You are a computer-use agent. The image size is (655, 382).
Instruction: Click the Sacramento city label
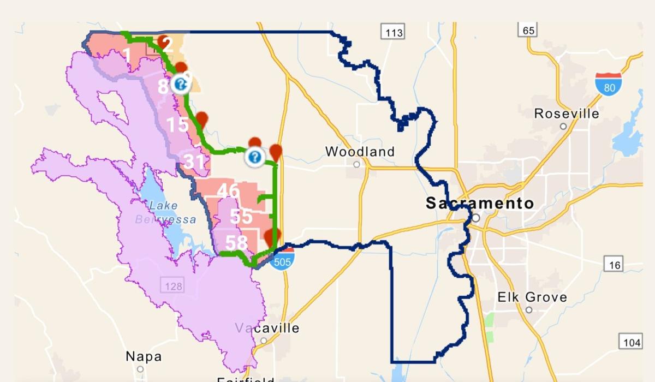[479, 204]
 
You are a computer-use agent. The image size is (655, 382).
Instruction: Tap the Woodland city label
[360, 151]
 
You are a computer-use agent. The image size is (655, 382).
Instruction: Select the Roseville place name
[566, 114]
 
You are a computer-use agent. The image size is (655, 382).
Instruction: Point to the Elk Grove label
[532, 297]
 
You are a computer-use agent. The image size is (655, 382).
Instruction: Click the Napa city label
[144, 356]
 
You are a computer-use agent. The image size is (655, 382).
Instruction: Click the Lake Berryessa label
[165, 212]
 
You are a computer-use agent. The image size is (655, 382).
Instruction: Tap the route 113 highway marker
[394, 33]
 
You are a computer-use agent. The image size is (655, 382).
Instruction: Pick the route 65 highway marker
[528, 30]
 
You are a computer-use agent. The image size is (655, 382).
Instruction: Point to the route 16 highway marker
[615, 265]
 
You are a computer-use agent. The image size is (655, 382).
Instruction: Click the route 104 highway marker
[630, 342]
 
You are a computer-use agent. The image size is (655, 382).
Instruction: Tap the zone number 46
[228, 191]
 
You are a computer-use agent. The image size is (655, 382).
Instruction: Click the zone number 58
[236, 243]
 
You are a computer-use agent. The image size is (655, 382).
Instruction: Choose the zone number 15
[177, 124]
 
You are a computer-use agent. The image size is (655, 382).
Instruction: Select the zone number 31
[194, 162]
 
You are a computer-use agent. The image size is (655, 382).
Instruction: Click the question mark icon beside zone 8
[180, 85]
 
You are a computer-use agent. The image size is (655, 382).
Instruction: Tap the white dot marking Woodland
[356, 164]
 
